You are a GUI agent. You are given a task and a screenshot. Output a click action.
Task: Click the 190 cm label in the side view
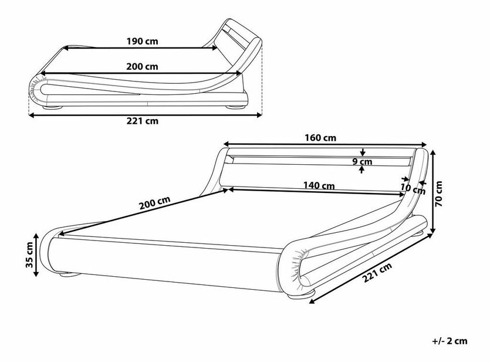point(143,42)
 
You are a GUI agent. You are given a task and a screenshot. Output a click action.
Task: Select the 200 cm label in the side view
point(143,66)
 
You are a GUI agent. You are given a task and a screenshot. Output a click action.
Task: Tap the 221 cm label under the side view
point(143,121)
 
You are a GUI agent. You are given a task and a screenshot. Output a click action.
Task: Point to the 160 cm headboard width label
point(320,138)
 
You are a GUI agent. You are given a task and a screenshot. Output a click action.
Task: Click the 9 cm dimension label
point(365,161)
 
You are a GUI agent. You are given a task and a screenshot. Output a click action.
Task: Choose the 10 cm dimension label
point(411,188)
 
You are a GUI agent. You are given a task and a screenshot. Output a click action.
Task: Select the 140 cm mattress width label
point(319,185)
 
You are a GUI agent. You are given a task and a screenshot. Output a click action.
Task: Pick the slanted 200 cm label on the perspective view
point(155,205)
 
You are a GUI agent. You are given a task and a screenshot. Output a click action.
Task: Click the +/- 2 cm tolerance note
point(449,341)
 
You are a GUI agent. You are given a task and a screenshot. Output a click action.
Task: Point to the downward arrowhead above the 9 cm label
point(364,153)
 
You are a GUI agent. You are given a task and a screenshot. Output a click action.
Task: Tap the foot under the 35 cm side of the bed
point(63,274)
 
